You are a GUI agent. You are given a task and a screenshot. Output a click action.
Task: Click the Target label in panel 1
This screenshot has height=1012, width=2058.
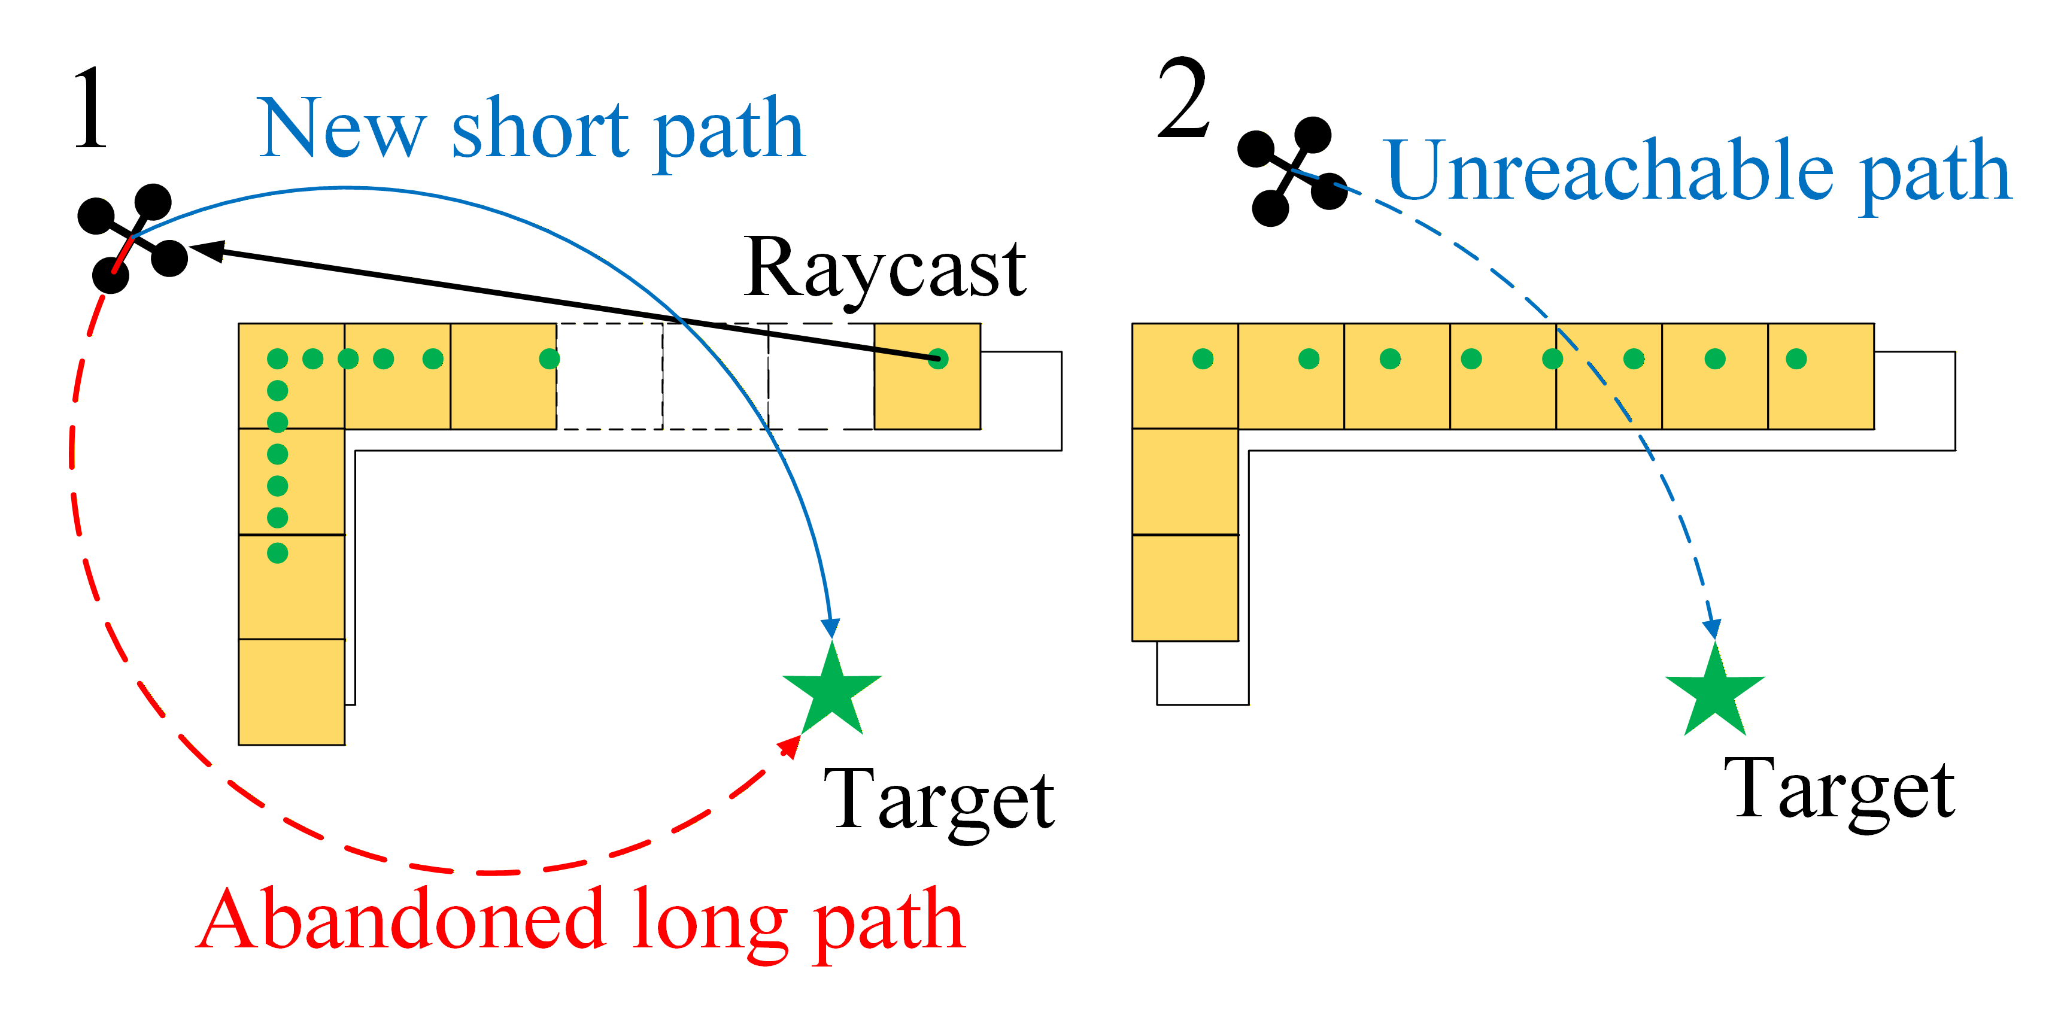939,800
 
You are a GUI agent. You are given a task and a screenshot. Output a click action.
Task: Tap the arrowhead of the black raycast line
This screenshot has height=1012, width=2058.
206,250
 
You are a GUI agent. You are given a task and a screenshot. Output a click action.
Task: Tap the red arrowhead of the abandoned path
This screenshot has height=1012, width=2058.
790,746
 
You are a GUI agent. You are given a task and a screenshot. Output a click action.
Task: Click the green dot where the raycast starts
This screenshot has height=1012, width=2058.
938,360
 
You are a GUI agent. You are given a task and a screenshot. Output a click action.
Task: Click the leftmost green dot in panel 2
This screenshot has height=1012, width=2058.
1203,360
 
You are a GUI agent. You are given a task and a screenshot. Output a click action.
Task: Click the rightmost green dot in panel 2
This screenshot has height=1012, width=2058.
1796,360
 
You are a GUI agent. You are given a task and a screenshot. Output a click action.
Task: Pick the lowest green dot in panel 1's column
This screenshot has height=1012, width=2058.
277,553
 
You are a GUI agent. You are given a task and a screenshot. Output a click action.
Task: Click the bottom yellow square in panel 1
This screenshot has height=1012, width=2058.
292,692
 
